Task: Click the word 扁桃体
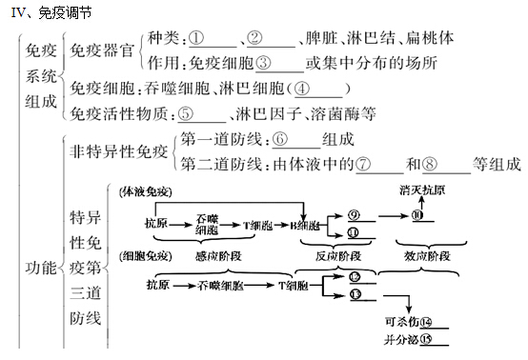click(x=418, y=40)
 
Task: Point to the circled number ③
click(x=266, y=64)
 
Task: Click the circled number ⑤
click(x=186, y=113)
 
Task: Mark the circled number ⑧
click(x=431, y=163)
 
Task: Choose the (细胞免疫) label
click(x=145, y=255)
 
